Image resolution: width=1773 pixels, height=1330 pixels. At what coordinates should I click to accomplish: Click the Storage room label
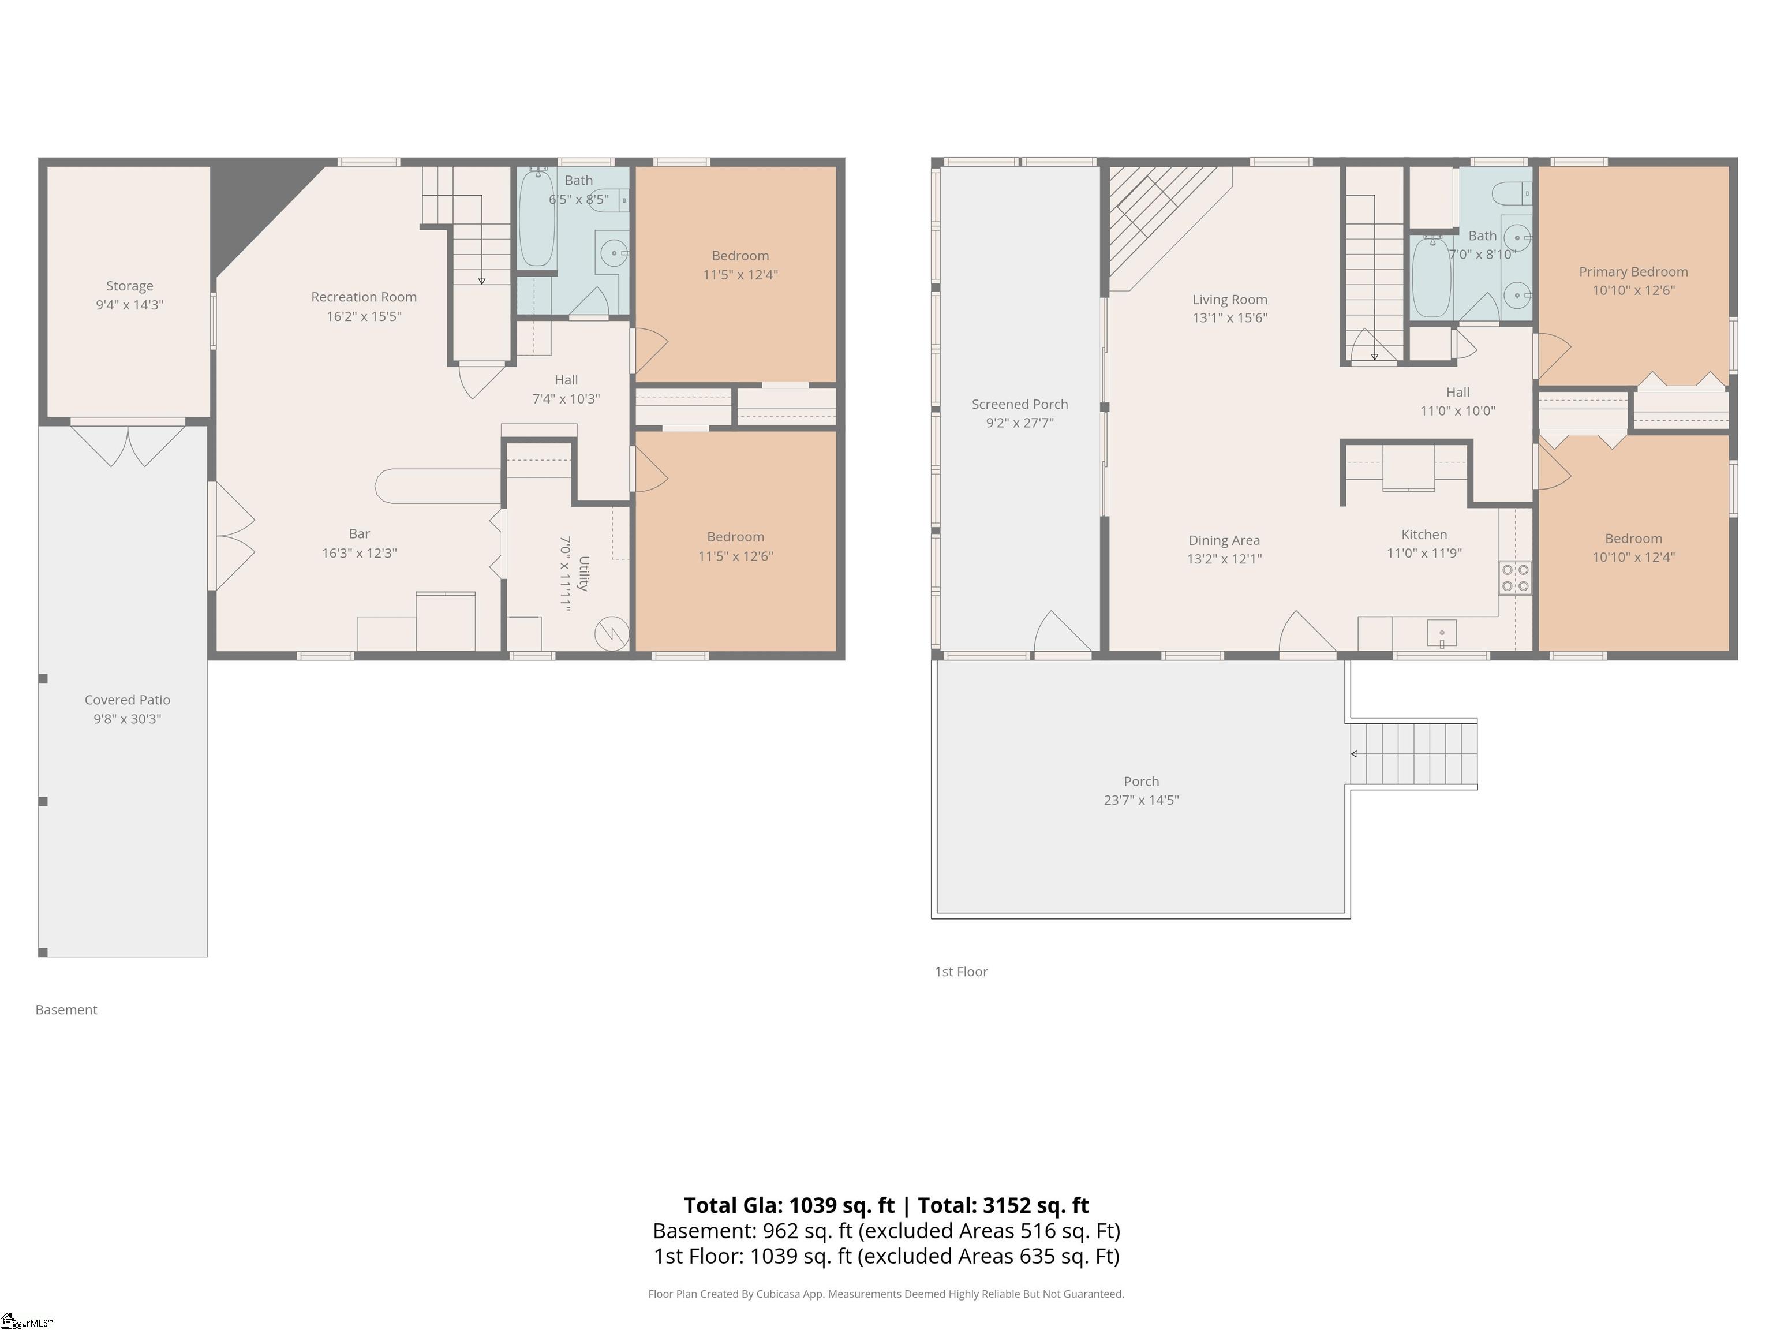(129, 285)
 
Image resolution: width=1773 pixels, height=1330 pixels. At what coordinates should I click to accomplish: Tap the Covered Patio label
(128, 700)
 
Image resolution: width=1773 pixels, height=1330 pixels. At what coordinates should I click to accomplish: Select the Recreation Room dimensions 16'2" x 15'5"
(364, 316)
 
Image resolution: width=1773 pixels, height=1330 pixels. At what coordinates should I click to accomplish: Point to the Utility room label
(583, 573)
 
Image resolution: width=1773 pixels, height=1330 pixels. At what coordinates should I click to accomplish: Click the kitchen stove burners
(1515, 578)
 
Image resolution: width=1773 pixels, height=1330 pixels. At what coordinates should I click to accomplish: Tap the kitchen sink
(1441, 633)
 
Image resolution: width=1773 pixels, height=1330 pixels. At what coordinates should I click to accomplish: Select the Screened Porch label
(1020, 404)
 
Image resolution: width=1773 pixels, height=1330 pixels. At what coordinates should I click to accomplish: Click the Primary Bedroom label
(1633, 272)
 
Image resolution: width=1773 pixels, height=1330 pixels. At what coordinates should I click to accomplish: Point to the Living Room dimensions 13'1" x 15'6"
(1229, 317)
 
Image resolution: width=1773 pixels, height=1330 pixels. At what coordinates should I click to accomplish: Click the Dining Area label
(1224, 540)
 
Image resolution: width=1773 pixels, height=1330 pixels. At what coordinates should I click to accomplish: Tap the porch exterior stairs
(1413, 753)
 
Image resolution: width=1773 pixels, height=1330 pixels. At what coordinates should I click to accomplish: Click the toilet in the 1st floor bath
(1512, 193)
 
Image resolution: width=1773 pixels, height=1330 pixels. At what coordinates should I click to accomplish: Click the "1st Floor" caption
(961, 972)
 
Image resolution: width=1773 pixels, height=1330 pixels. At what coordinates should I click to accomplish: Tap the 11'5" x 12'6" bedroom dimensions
(735, 555)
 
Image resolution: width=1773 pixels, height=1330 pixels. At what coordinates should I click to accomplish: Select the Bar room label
(359, 534)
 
